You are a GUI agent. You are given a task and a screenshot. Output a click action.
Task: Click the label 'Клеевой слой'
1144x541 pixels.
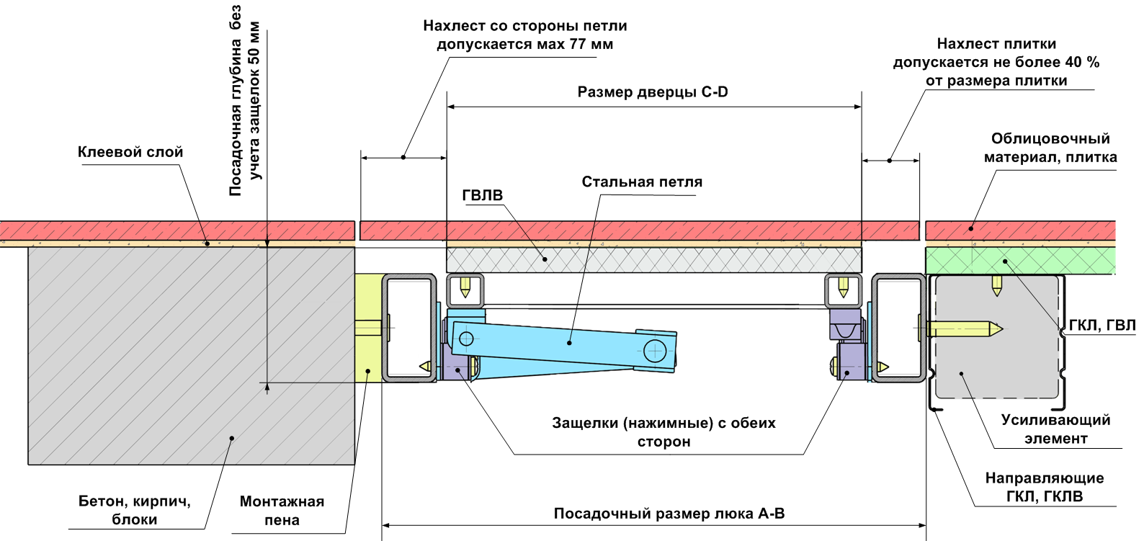tap(130, 152)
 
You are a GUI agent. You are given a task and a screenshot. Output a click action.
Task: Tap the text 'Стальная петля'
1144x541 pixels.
tap(642, 182)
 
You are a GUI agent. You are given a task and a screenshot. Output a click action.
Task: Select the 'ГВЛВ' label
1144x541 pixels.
tap(483, 195)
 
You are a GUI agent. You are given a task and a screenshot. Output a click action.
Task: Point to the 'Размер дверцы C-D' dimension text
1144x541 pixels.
tap(653, 92)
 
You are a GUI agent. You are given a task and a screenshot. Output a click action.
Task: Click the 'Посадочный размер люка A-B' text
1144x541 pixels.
tap(669, 514)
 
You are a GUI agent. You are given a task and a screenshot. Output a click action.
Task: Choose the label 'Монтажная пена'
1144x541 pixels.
tap(282, 511)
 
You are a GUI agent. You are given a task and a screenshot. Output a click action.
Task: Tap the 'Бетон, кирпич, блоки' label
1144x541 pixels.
tap(135, 510)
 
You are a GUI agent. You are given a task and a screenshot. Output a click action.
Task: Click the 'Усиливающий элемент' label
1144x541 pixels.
tap(1055, 429)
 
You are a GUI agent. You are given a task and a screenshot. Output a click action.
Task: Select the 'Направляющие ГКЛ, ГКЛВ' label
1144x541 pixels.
tap(1044, 487)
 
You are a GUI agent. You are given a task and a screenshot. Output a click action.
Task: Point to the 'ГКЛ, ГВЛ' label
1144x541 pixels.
tap(1101, 326)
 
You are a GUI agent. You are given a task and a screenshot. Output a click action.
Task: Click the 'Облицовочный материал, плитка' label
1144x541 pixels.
tap(1050, 148)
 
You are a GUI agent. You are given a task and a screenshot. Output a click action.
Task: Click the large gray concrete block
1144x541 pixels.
tap(191, 353)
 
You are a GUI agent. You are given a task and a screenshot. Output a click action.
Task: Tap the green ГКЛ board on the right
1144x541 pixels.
tap(1019, 260)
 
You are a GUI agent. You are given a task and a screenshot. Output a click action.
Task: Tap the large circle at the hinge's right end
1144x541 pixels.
tap(655, 352)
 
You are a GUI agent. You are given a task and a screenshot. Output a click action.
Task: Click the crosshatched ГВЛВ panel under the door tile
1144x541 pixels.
tap(653, 259)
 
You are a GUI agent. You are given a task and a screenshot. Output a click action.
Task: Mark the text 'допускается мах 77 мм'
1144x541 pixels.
tap(524, 45)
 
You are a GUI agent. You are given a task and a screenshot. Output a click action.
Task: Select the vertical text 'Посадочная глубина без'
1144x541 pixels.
tap(236, 101)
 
